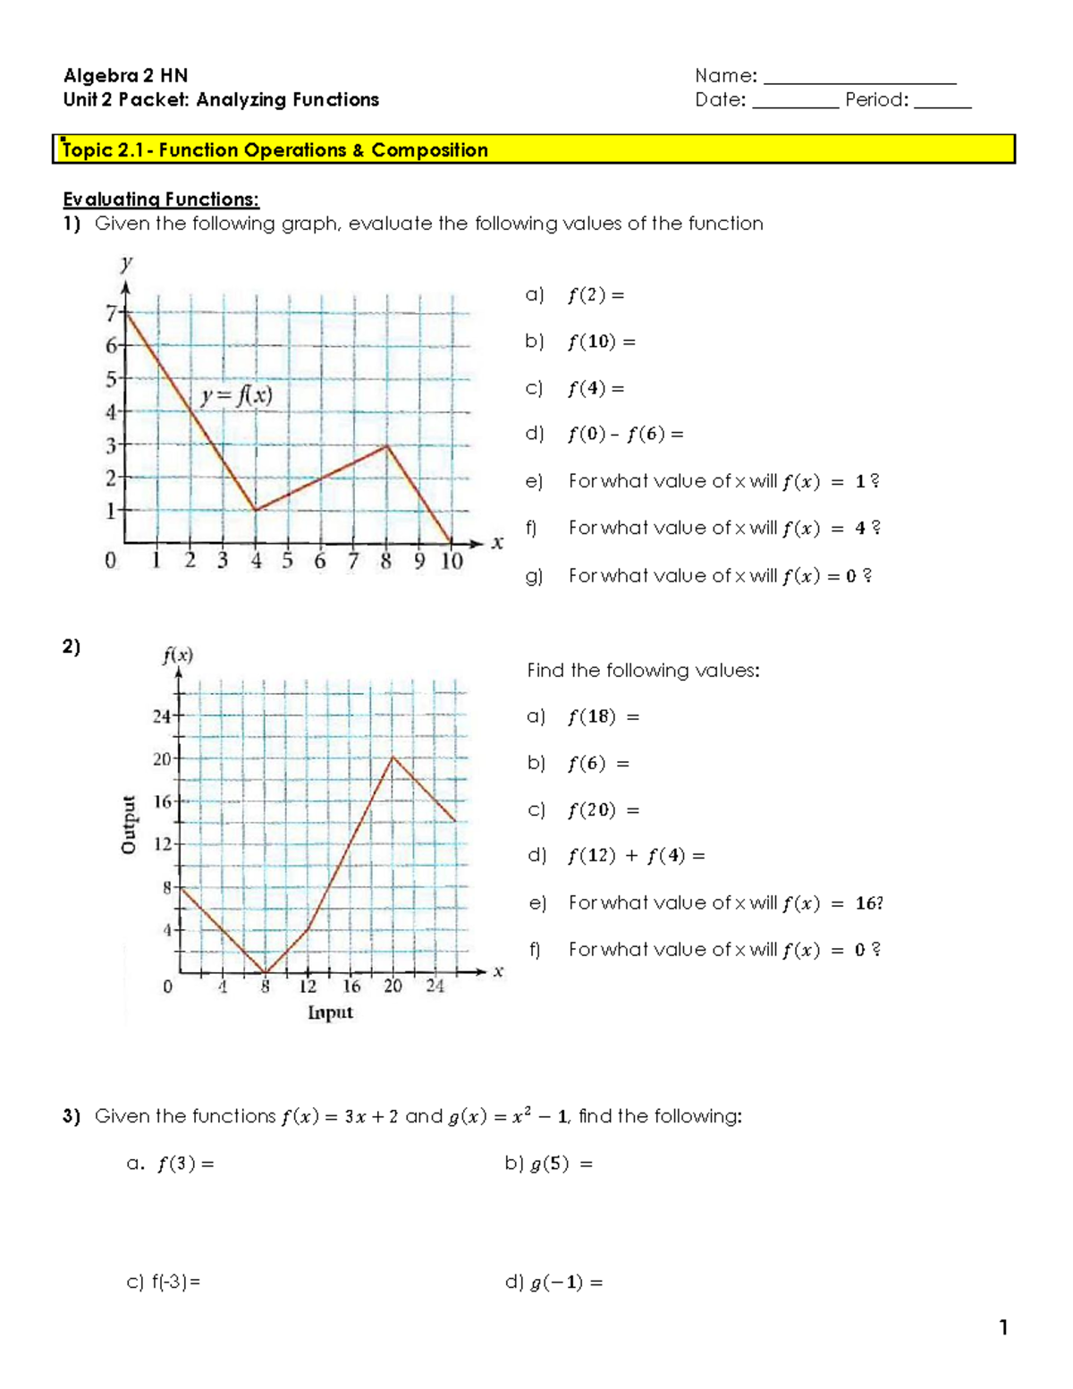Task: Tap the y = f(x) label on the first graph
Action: coord(236,395)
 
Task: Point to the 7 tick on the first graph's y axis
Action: coord(112,313)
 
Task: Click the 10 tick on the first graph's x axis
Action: coord(452,561)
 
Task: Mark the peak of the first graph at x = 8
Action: coord(386,445)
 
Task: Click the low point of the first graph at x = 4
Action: coord(256,510)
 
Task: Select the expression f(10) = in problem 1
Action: coord(600,342)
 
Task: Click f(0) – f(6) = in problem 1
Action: coord(625,435)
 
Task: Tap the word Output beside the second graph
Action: coord(130,824)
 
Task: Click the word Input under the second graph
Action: coord(330,1012)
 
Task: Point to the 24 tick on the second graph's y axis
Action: coord(162,716)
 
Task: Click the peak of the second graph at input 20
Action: coord(393,758)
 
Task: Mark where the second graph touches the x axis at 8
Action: coord(266,972)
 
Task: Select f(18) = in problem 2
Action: coord(603,717)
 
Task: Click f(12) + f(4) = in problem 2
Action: coord(636,856)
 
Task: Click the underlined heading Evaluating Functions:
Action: coord(161,199)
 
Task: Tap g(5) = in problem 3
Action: coord(560,1164)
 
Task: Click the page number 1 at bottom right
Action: coord(1003,1327)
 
